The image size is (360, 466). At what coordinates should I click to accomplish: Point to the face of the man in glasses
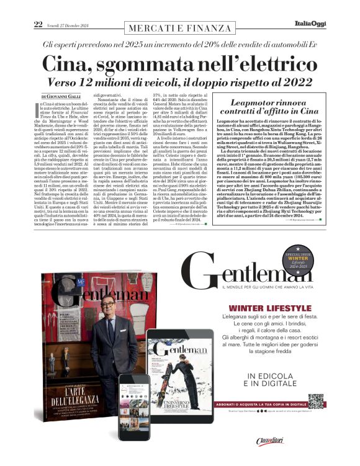[x=99, y=310]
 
